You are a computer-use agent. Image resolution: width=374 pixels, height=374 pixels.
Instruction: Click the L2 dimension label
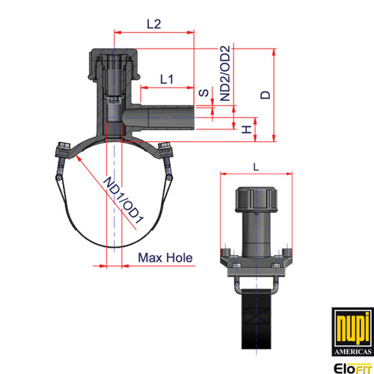click(x=154, y=24)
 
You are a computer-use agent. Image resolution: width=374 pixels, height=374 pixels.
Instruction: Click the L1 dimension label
click(x=167, y=79)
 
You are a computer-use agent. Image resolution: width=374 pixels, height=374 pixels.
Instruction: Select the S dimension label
click(x=203, y=93)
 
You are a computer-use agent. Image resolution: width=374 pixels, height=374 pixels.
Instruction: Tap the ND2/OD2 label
click(x=225, y=73)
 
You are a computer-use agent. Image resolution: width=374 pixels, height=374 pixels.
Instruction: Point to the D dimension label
click(x=266, y=95)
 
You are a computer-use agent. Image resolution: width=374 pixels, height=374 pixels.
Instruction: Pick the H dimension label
click(x=247, y=129)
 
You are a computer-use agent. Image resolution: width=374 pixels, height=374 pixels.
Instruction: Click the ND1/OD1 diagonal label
click(x=123, y=200)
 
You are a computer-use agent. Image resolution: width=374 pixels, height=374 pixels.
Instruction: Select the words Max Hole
click(x=165, y=258)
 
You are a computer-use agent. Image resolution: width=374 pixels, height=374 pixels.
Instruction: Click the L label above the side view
click(x=256, y=167)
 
